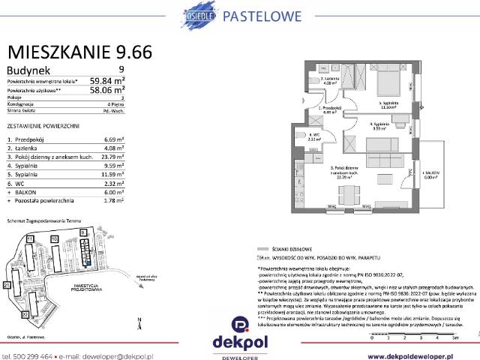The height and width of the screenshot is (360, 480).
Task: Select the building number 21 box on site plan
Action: [x=6, y=286]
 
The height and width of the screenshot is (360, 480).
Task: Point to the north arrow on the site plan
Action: [x=139, y=323]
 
